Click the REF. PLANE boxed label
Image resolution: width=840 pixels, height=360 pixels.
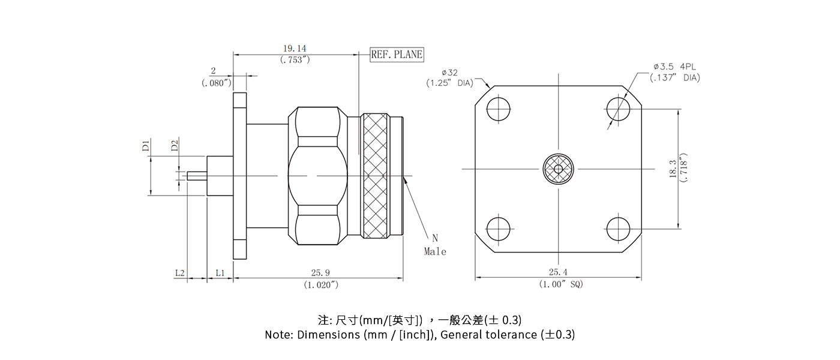(397, 55)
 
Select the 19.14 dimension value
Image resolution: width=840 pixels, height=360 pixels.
(295, 48)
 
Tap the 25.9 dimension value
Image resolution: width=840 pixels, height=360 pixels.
(321, 273)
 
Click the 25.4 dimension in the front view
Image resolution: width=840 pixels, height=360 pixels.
(558, 273)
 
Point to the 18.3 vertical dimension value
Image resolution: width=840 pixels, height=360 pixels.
(672, 169)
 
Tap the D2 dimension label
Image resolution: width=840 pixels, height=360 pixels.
(174, 146)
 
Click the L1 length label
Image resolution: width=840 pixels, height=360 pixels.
(220, 273)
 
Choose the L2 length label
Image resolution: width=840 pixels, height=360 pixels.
(179, 273)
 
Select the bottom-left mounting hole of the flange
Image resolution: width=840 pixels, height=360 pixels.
(499, 229)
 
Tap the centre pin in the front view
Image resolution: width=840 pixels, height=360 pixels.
(559, 169)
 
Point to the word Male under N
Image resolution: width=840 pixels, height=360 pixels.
(435, 252)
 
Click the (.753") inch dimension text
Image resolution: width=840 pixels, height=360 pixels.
(295, 59)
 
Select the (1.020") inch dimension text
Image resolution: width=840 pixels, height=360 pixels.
(321, 284)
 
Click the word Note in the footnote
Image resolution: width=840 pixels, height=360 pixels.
(278, 335)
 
